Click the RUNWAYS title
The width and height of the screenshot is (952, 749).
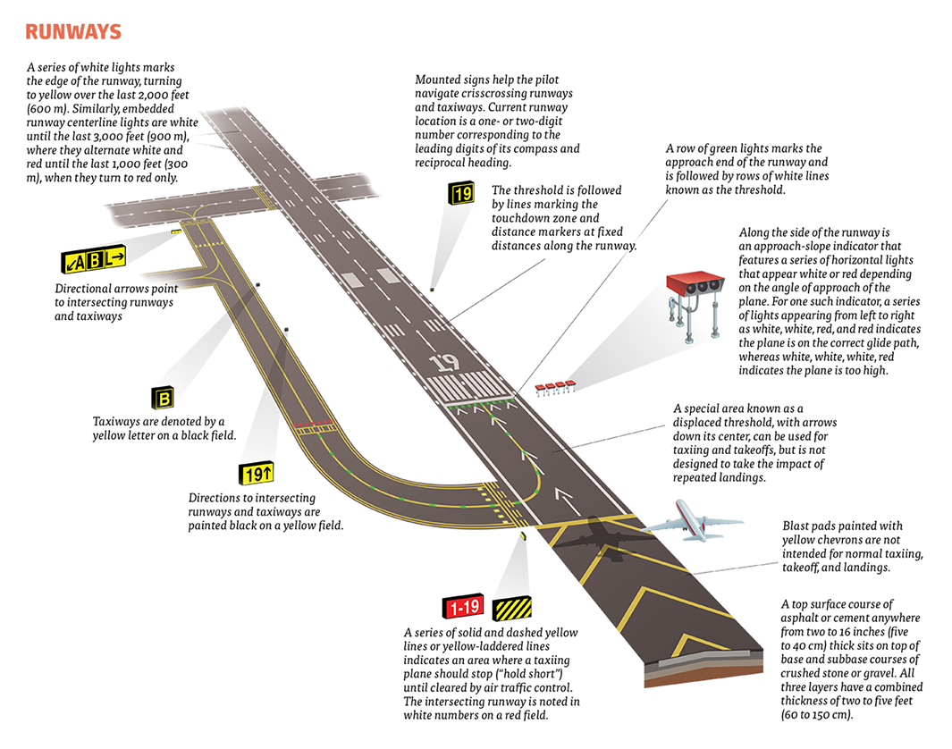click(x=73, y=32)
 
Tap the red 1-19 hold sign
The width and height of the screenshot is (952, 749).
click(x=464, y=608)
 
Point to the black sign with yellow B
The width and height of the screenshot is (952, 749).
click(x=164, y=398)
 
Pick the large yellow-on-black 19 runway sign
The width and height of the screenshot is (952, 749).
click(x=462, y=191)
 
